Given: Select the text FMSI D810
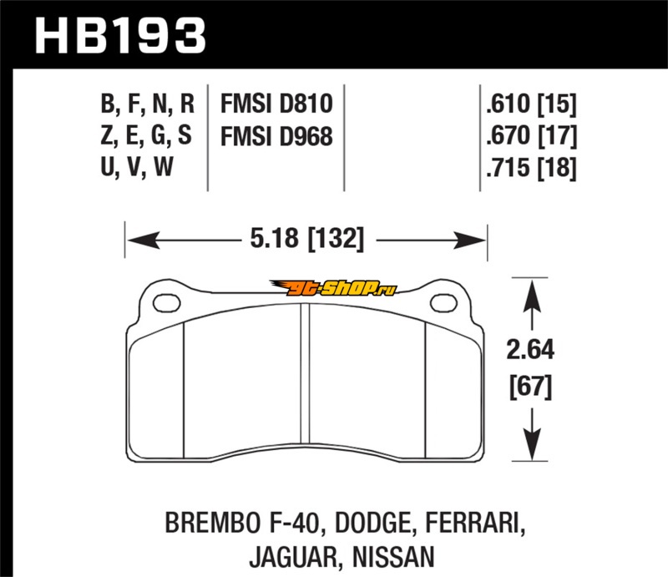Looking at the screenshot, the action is coord(276,104).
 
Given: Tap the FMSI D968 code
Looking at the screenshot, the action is coord(276,136).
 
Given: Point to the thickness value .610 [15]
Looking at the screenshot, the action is coord(531,104).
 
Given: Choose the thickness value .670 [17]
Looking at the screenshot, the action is coord(531,136).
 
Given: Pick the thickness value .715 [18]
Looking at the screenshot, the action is coord(531,168).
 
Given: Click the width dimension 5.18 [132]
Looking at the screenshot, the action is coord(306,239).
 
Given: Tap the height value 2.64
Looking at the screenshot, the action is coord(530,349).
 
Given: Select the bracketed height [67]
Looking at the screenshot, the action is coord(530,387).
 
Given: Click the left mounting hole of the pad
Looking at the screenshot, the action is coord(166,302).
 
